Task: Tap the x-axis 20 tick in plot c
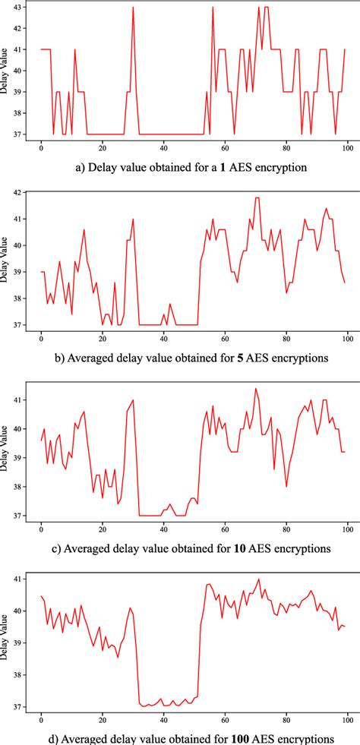click(103, 529)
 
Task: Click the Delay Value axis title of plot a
click(6, 72)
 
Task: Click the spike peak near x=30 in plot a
click(133, 8)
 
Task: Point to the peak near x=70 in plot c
click(255, 389)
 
